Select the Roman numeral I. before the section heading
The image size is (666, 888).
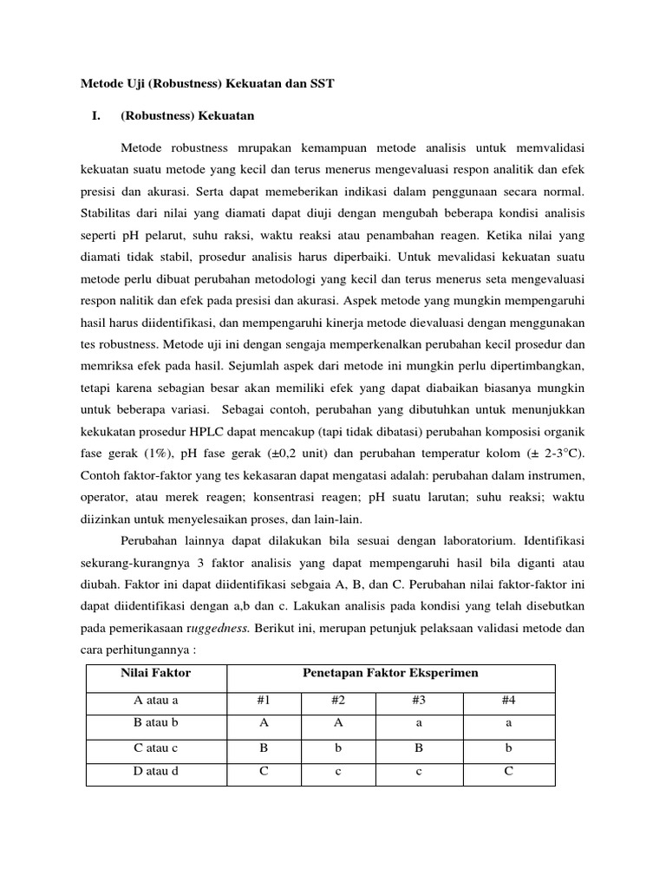(96, 115)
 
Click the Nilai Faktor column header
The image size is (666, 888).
(156, 673)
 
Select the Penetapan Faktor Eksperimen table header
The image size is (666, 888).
(389, 673)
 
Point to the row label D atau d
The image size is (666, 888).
(156, 771)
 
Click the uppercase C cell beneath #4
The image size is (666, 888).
(508, 771)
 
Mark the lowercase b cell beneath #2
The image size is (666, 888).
(341, 748)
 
